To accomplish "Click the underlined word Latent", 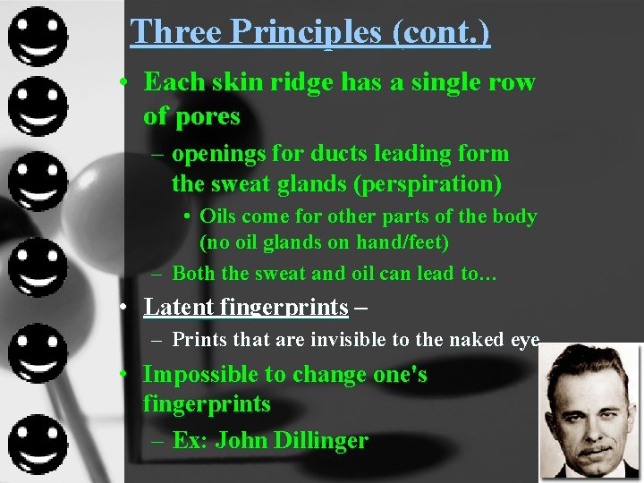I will [179, 308].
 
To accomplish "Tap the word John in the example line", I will [238, 441].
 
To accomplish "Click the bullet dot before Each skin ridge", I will [127, 83].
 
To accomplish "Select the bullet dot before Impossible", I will [127, 375].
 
